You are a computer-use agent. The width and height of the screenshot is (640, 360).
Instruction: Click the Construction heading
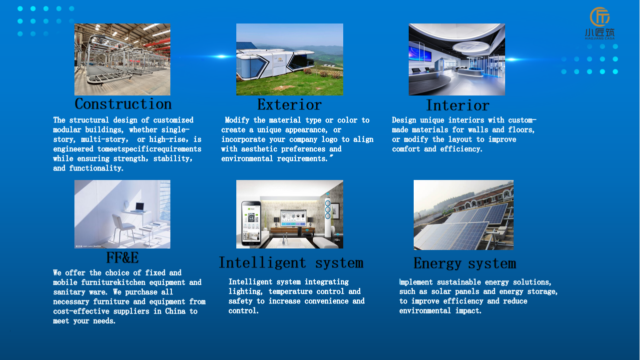[123, 104]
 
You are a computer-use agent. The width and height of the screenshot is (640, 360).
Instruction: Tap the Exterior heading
[289, 104]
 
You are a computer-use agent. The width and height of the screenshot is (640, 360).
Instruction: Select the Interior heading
[458, 105]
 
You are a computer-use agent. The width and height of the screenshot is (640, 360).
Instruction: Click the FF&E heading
[122, 257]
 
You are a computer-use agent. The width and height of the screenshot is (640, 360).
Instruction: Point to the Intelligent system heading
[291, 263]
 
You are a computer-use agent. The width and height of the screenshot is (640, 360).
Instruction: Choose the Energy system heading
[465, 263]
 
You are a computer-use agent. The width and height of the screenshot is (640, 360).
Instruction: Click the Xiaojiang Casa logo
[600, 23]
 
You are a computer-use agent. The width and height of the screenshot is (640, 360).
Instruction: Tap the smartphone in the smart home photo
[251, 223]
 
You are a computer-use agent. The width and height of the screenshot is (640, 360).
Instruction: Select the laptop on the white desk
[139, 207]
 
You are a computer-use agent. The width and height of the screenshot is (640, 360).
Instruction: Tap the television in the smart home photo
[293, 218]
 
